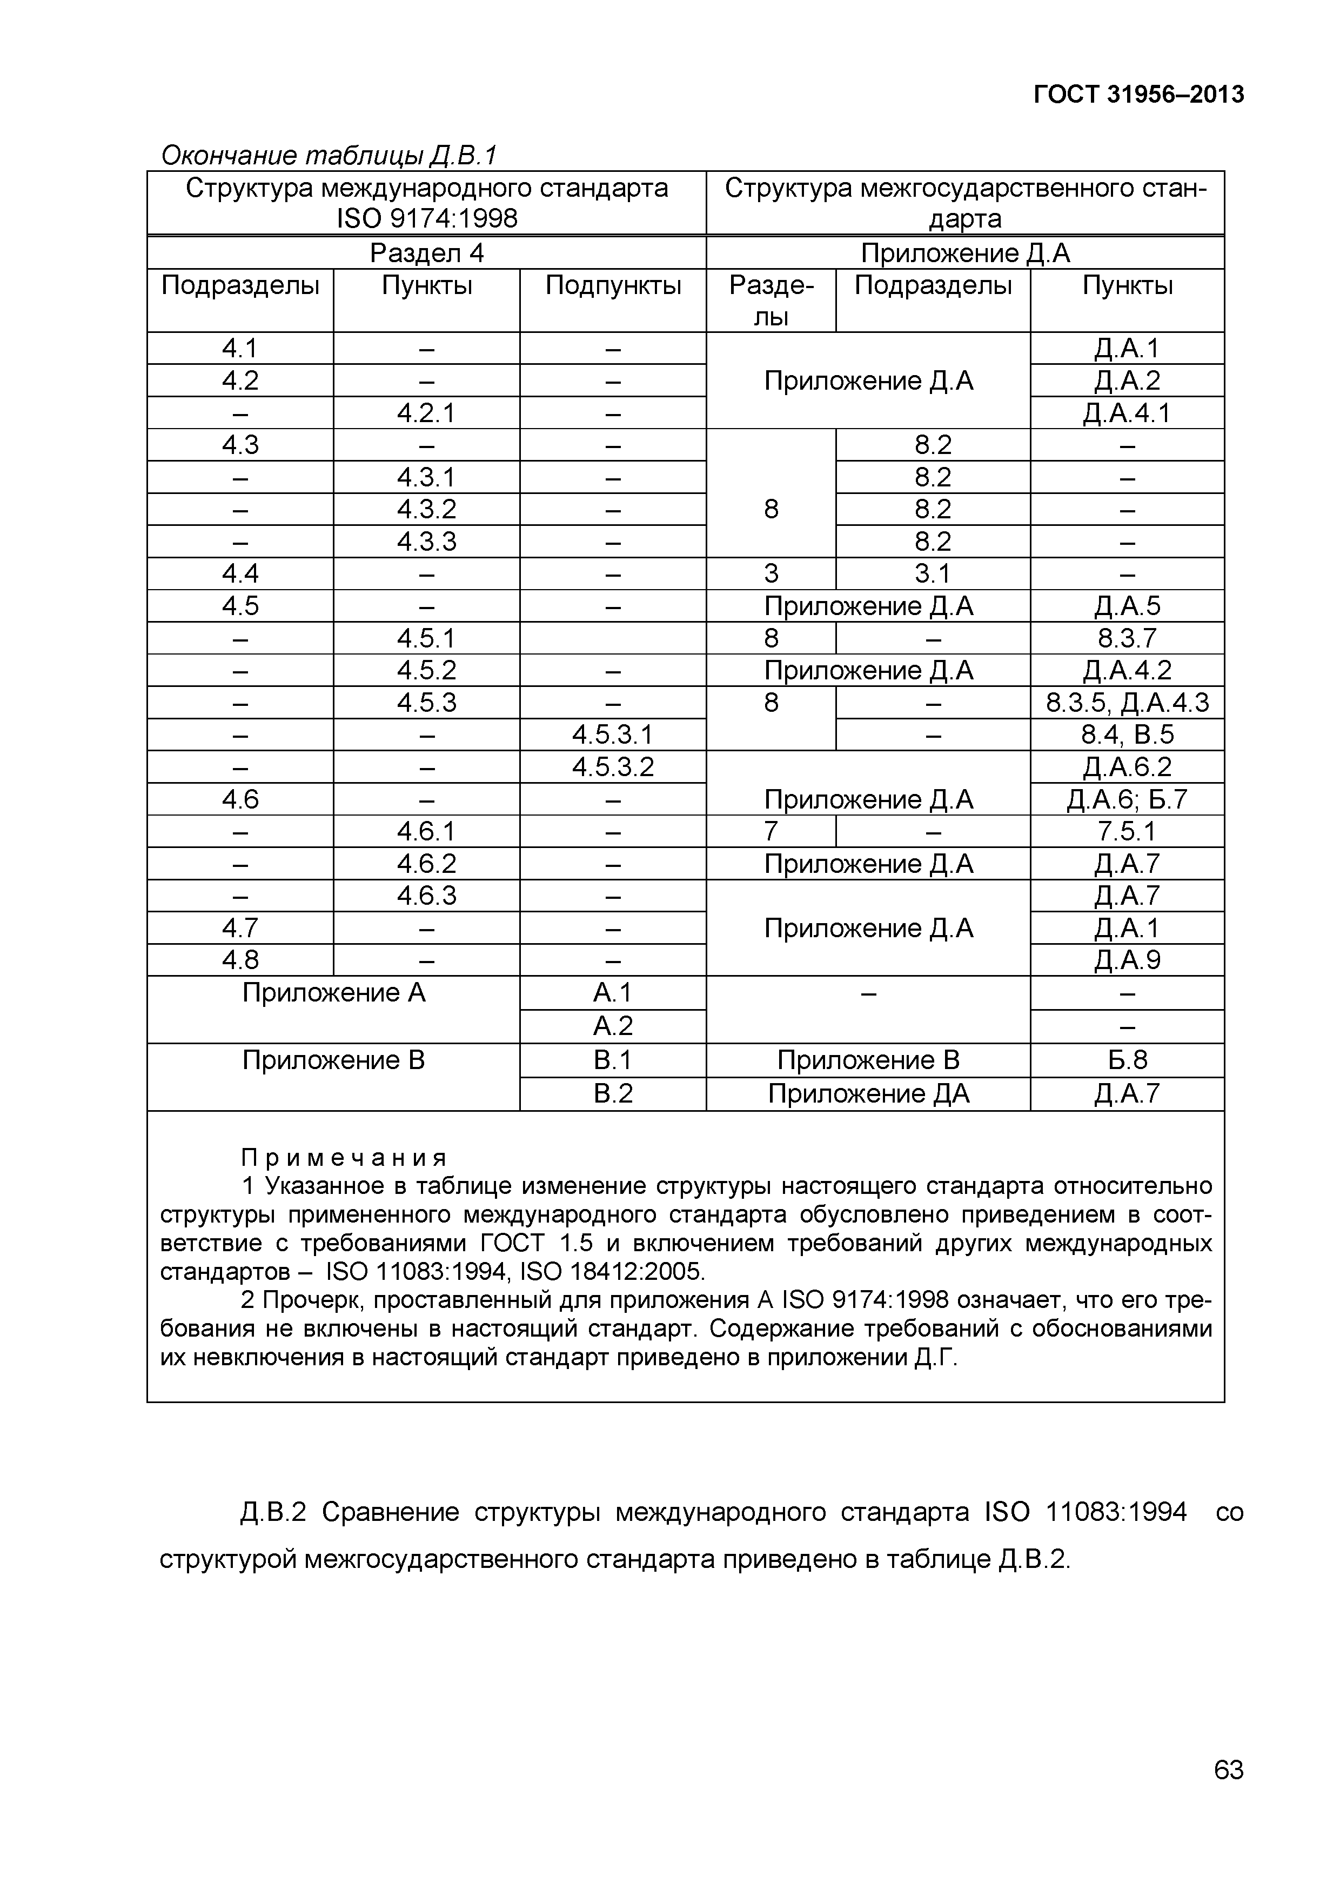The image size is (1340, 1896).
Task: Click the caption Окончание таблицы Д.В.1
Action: pyautogui.click(x=329, y=155)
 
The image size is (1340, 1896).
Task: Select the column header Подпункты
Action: pyautogui.click(x=613, y=286)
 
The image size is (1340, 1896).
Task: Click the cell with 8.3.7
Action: pyautogui.click(x=1127, y=638)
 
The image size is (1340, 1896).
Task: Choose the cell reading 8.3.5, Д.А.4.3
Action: pyautogui.click(x=1127, y=703)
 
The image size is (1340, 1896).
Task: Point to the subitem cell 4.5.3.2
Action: pyautogui.click(x=613, y=767)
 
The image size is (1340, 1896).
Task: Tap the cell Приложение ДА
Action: pyautogui.click(x=868, y=1094)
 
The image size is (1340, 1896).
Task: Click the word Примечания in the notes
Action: pyautogui.click(x=344, y=1157)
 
